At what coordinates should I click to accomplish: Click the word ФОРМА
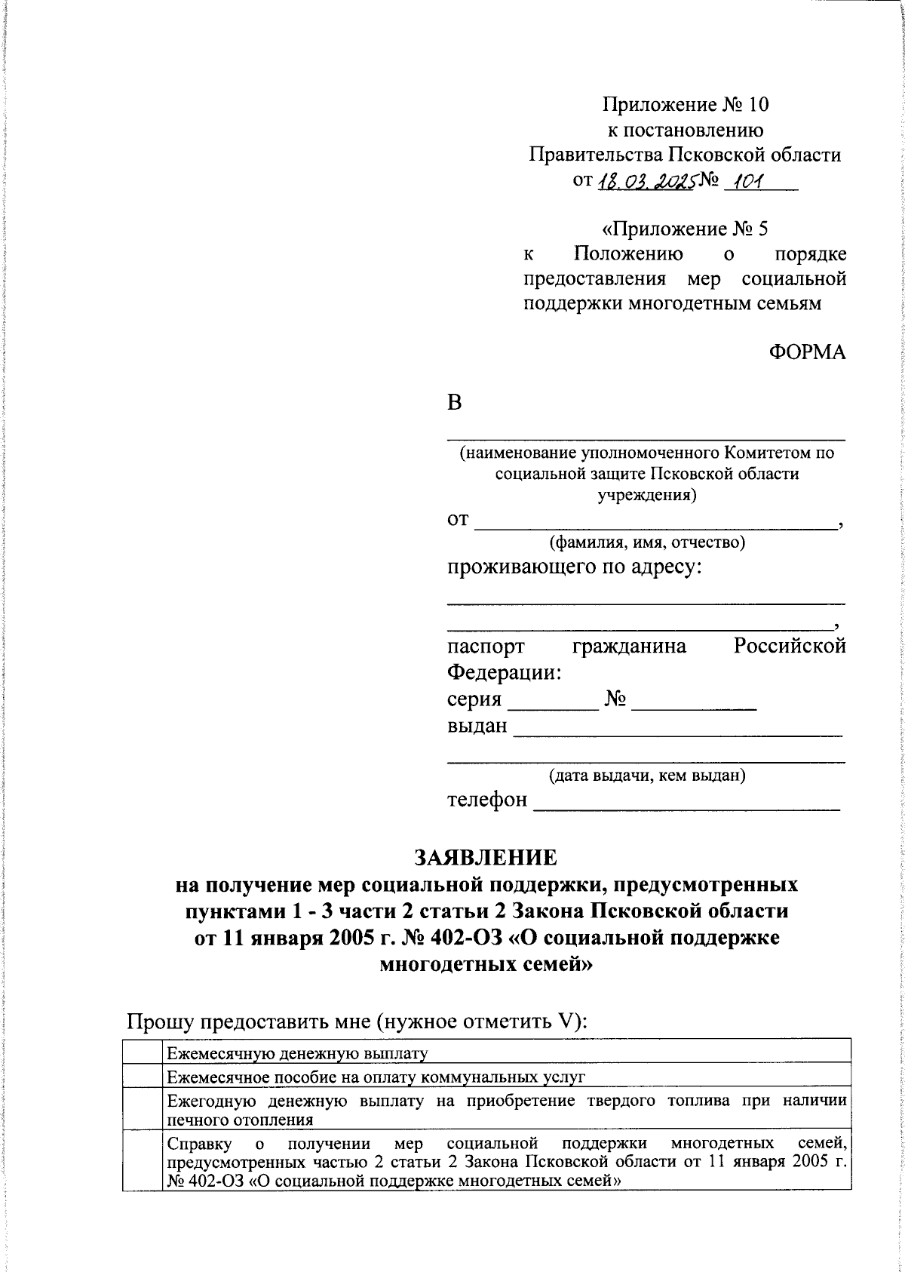click(x=807, y=352)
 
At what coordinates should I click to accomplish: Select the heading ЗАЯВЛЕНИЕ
click(x=485, y=858)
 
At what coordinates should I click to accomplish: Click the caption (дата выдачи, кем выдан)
click(x=647, y=775)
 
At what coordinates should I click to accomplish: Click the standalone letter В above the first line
click(x=454, y=402)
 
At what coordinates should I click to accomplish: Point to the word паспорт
click(x=486, y=646)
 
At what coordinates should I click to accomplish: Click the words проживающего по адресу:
click(x=574, y=567)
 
